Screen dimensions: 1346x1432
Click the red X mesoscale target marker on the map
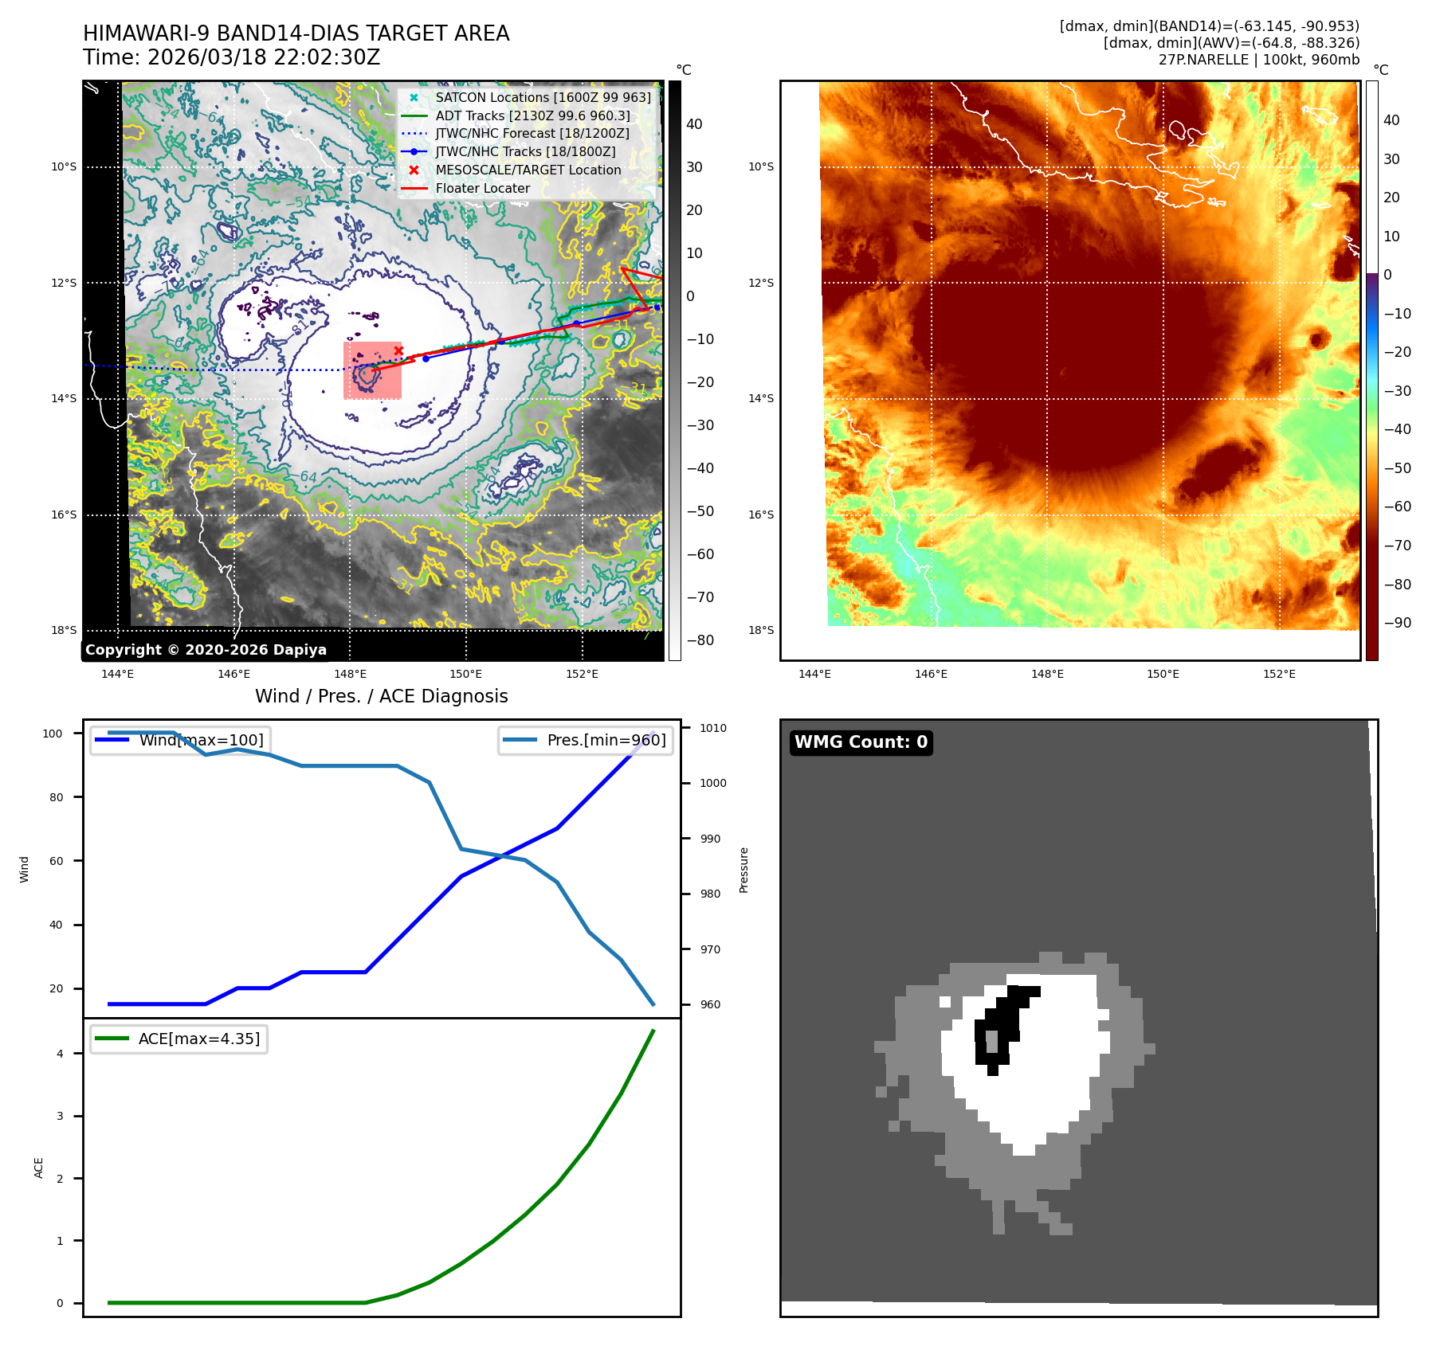pyautogui.click(x=398, y=350)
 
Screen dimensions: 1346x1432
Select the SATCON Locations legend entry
pyautogui.click(x=542, y=97)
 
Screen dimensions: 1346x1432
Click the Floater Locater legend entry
pyautogui.click(x=482, y=188)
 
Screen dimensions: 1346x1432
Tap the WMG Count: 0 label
pyautogui.click(x=861, y=742)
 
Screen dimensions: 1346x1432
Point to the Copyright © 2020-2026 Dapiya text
pyautogui.click(x=206, y=650)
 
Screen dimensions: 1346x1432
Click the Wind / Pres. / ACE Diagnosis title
pyautogui.click(x=381, y=696)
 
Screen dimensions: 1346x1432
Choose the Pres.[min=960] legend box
pyautogui.click(x=587, y=740)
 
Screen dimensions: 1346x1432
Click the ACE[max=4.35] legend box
pyautogui.click(x=179, y=1039)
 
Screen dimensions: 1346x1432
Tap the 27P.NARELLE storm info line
pyautogui.click(x=1258, y=60)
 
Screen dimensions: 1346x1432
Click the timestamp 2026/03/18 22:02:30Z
pyautogui.click(x=263, y=58)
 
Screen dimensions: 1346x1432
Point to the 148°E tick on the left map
pyautogui.click(x=350, y=674)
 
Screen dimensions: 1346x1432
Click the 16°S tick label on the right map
pyautogui.click(x=760, y=515)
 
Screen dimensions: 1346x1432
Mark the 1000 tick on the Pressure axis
pyautogui.click(x=712, y=783)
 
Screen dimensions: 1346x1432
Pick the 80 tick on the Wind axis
pyautogui.click(x=56, y=797)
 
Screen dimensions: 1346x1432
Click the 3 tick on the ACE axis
pyautogui.click(x=60, y=1116)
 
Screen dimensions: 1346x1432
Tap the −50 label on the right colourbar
pyautogui.click(x=1397, y=468)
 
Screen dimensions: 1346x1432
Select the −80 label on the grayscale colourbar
pyautogui.click(x=700, y=640)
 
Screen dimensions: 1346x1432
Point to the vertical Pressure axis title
pyautogui.click(x=743, y=870)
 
